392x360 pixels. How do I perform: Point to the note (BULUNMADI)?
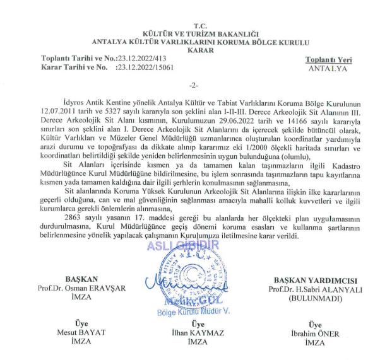click(x=314, y=297)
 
